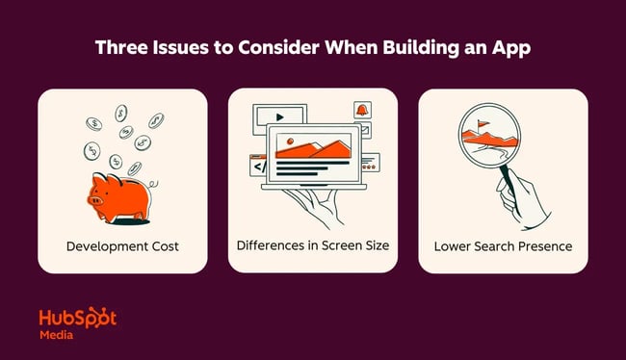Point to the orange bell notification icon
click(361, 111)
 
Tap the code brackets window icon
click(258, 166)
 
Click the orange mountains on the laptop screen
click(313, 147)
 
